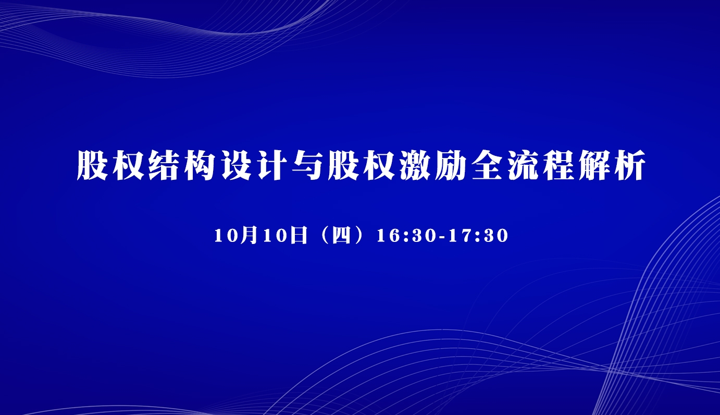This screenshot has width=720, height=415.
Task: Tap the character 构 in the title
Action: pos(200,165)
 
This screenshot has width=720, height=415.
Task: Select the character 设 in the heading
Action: pos(235,165)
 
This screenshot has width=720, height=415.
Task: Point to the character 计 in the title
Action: pos(271,165)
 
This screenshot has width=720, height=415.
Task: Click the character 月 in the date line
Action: pos(250,235)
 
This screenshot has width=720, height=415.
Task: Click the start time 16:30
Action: pos(406,236)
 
